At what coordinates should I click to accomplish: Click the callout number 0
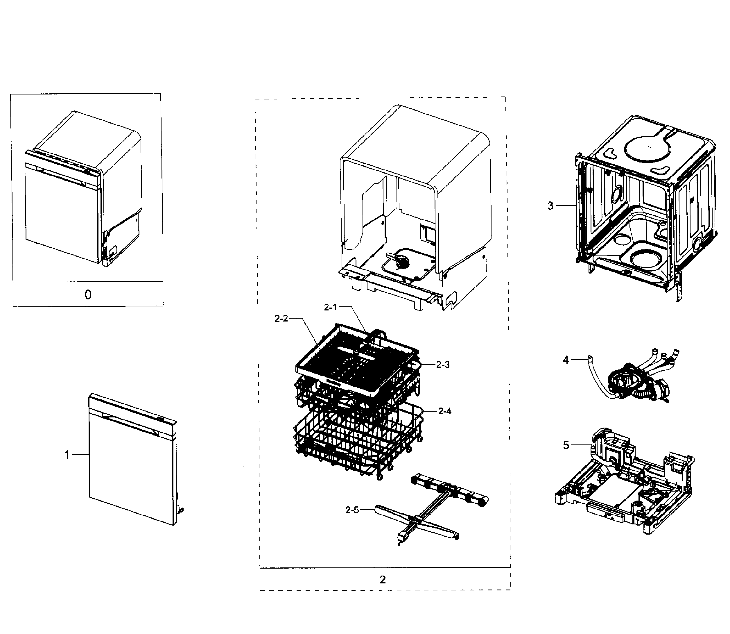(x=88, y=294)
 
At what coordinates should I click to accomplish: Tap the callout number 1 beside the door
(x=67, y=455)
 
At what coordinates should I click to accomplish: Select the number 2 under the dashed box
(x=383, y=580)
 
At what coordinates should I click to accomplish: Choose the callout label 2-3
(x=443, y=365)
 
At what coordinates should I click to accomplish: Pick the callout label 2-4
(x=444, y=411)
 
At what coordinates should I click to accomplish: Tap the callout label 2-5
(x=352, y=510)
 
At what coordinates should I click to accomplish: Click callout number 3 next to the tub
(x=550, y=206)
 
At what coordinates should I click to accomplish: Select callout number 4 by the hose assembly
(x=566, y=360)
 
